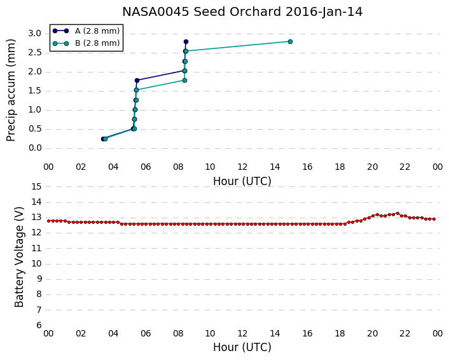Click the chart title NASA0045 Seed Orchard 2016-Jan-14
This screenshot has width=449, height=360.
pyautogui.click(x=242, y=12)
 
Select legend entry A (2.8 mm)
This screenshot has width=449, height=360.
pyautogui.click(x=86, y=31)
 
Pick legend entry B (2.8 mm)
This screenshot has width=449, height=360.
pyautogui.click(x=86, y=43)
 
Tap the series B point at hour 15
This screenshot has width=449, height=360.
pyautogui.click(x=290, y=41)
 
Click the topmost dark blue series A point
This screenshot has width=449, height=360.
pyautogui.click(x=186, y=42)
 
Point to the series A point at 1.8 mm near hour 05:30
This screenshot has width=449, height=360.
pyautogui.click(x=137, y=81)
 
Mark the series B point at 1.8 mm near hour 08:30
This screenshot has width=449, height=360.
pyautogui.click(x=184, y=81)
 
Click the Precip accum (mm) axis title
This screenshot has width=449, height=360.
pyautogui.click(x=11, y=90)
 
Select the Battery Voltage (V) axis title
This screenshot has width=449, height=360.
pyautogui.click(x=19, y=257)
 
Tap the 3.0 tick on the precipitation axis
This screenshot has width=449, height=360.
pyautogui.click(x=34, y=34)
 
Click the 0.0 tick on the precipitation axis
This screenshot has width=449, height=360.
pyautogui.click(x=34, y=148)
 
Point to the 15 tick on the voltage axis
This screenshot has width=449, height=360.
pyautogui.click(x=36, y=187)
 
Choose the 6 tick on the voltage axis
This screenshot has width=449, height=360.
pyautogui.click(x=39, y=325)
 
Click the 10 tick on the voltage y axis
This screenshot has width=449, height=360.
pyautogui.click(x=36, y=263)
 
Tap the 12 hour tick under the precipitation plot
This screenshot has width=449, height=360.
pyautogui.click(x=242, y=167)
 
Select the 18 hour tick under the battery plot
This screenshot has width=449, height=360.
pyautogui.click(x=340, y=334)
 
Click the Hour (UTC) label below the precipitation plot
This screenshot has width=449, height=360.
pyautogui.click(x=242, y=181)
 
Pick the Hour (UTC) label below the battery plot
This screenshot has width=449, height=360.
pyautogui.click(x=242, y=347)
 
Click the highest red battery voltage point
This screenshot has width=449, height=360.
pyautogui.click(x=397, y=213)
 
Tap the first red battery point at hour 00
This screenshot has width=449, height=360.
pyautogui.click(x=49, y=221)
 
